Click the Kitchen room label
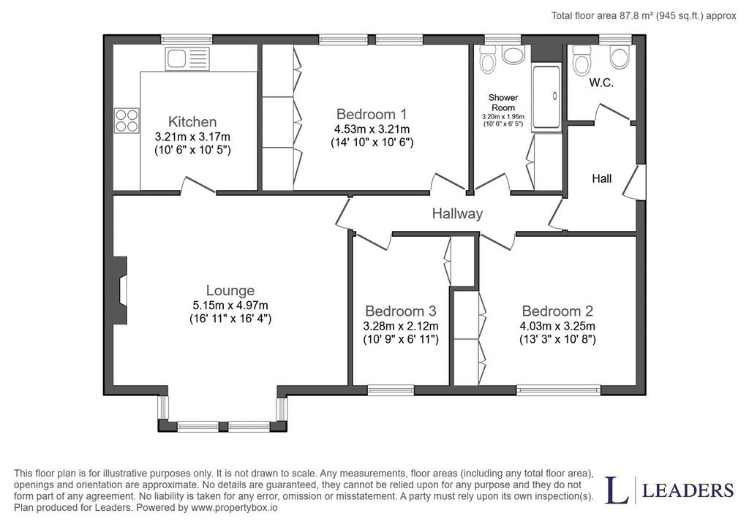192,121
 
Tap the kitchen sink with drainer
187,59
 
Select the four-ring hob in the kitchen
127,121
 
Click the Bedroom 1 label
372,114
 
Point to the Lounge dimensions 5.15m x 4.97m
230,305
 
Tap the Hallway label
457,213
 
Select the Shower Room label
503,102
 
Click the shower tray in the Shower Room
546,97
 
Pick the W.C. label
601,83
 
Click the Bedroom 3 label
400,311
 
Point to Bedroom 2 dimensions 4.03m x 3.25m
557,327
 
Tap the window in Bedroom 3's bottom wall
391,390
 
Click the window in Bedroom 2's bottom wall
558,390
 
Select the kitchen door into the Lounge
197,186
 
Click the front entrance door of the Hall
635,182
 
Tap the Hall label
601,178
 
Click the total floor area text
644,16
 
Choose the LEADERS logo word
688,490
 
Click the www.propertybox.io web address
234,507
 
